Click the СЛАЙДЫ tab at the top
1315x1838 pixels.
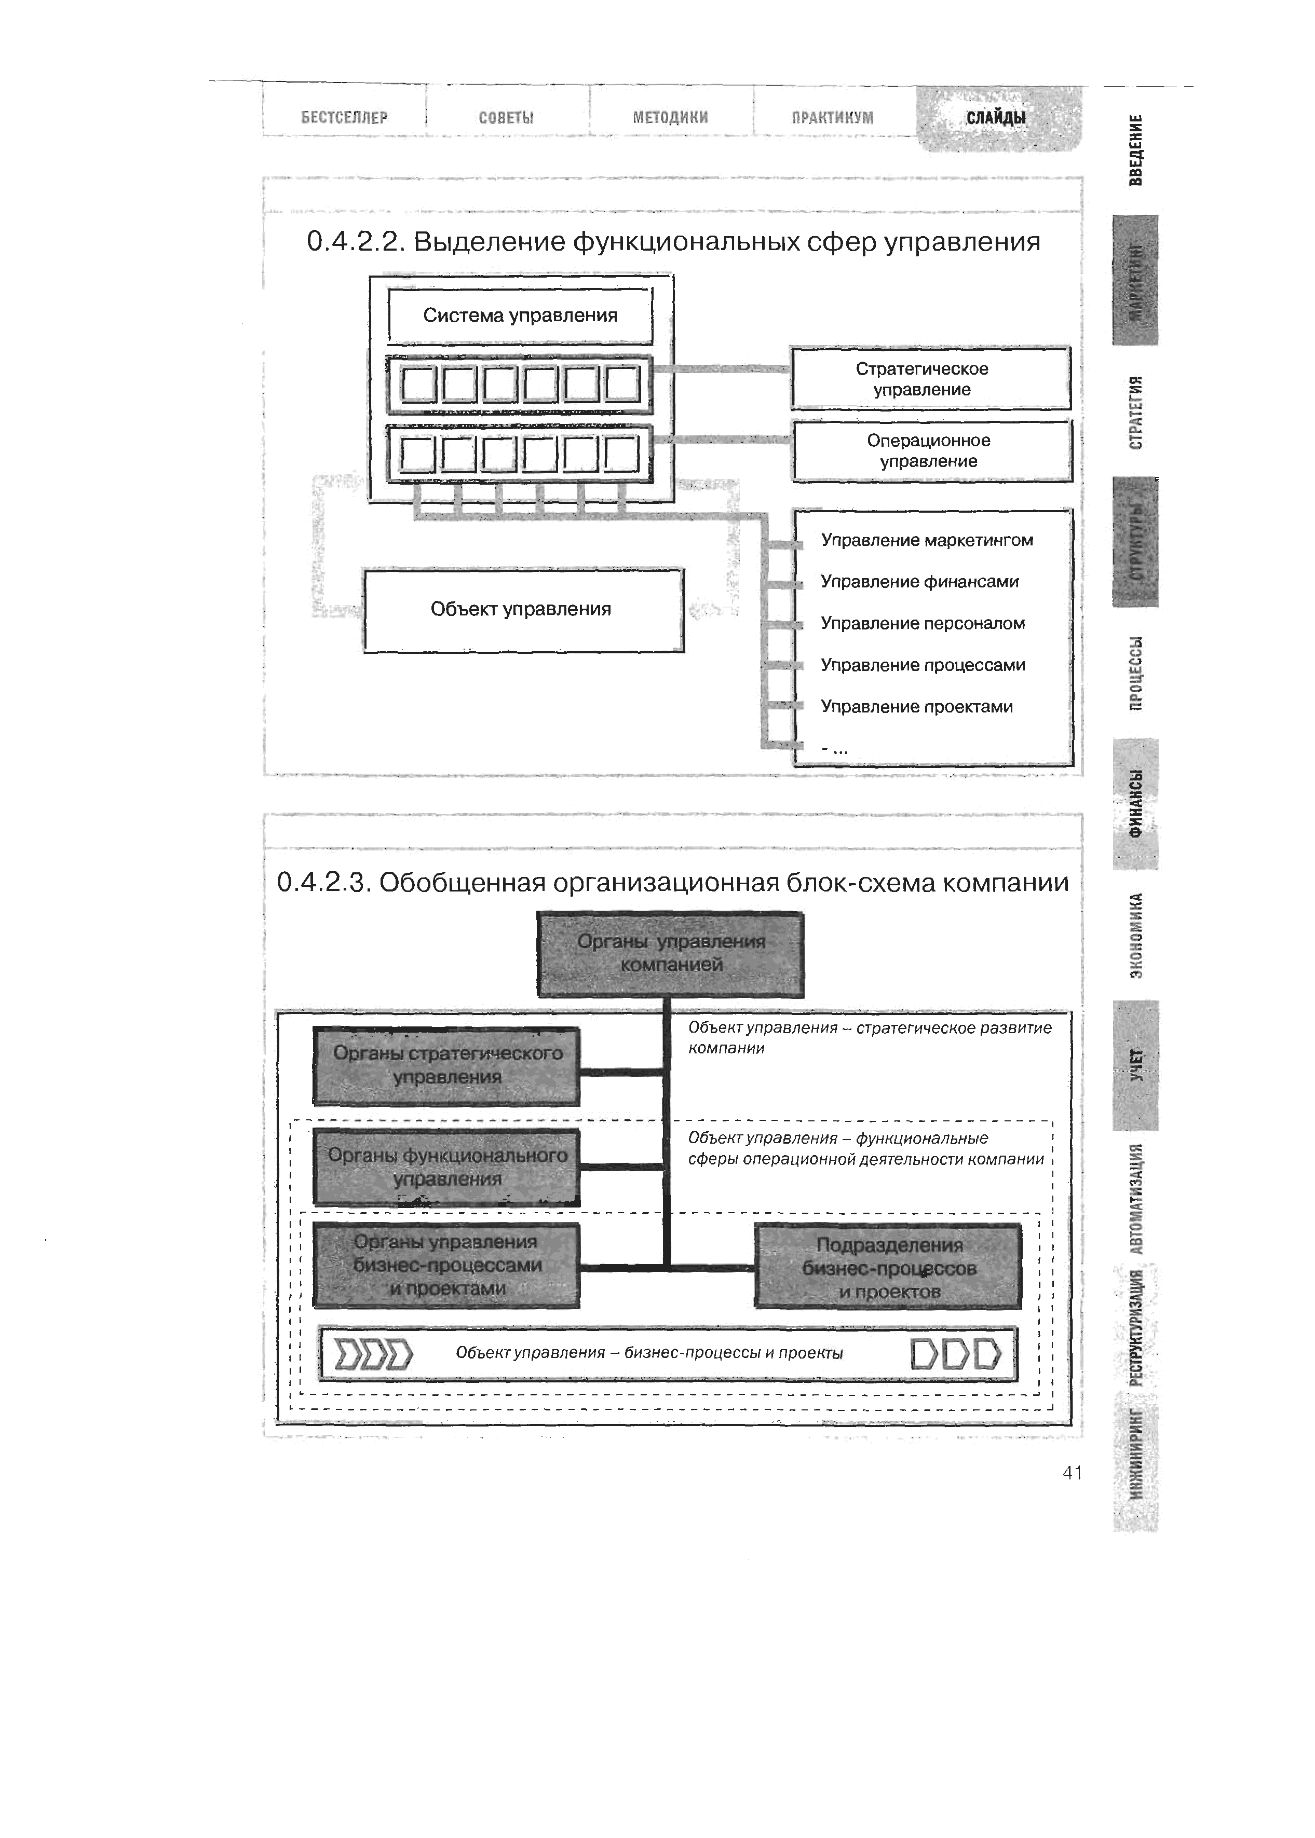[x=997, y=118]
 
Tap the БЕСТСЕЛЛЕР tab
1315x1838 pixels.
[x=344, y=117]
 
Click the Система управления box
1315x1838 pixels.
[x=520, y=316]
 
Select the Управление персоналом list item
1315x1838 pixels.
[x=923, y=623]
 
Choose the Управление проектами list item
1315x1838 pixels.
[x=917, y=707]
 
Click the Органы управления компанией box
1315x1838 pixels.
[x=670, y=953]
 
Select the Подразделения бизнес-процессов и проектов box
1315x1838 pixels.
[x=888, y=1267]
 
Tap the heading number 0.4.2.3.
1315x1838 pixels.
[x=321, y=883]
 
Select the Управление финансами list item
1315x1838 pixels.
[x=920, y=582]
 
